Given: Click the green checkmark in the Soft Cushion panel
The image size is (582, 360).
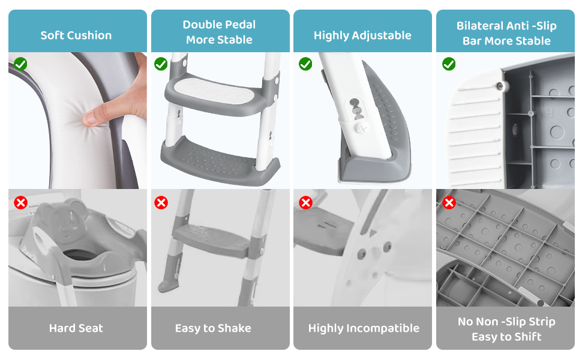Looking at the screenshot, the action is (x=21, y=64).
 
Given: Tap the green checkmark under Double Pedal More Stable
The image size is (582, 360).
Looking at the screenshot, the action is (x=161, y=64).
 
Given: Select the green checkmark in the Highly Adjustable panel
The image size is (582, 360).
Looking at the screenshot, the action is (x=305, y=64).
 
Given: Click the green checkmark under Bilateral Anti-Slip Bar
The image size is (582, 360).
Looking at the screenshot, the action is (x=449, y=64).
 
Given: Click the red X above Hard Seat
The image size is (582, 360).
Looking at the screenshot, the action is (x=21, y=203).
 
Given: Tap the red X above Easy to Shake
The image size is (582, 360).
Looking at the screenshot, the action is (x=161, y=203).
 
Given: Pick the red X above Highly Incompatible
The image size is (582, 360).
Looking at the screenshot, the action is (x=305, y=203).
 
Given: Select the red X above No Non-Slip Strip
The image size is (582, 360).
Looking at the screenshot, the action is (x=449, y=203).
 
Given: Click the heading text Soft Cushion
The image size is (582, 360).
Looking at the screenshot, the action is (x=76, y=35).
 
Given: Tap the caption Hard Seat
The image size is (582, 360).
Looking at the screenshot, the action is (x=76, y=328).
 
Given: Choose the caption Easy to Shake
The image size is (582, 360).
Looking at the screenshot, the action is (x=213, y=328).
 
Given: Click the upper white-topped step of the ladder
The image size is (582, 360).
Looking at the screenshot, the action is (x=215, y=93).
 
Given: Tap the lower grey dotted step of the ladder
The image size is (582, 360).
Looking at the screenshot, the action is (x=219, y=160).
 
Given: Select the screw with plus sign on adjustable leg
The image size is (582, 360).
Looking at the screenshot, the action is (x=362, y=128).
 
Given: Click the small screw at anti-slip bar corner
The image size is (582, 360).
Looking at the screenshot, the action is (x=501, y=86).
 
